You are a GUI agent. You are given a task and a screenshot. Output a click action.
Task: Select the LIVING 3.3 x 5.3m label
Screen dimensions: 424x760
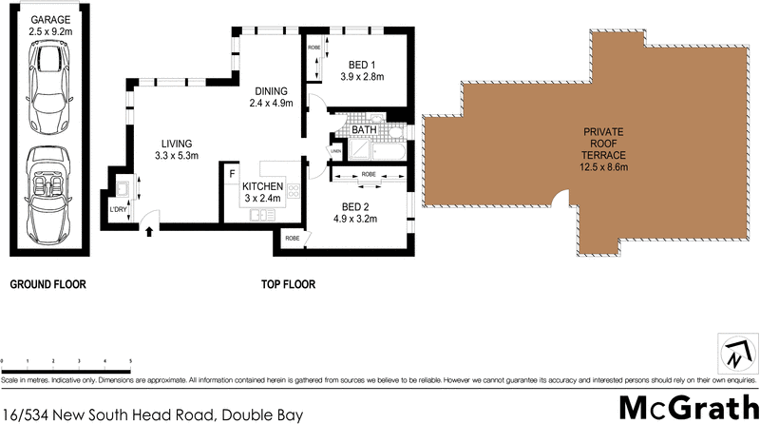pos(177,148)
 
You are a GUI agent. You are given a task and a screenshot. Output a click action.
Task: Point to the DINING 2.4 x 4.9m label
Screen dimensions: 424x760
pos(271,97)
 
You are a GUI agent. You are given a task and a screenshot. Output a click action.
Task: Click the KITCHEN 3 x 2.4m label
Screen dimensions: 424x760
pos(262,192)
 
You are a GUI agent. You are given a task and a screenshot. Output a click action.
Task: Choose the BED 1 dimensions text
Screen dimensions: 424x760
pos(361,79)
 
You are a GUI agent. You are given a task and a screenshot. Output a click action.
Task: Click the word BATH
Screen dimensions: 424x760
pos(365,130)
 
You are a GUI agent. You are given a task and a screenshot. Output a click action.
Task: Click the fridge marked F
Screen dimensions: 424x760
pos(231,174)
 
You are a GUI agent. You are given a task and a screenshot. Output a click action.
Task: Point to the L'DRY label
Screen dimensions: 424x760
pos(118,209)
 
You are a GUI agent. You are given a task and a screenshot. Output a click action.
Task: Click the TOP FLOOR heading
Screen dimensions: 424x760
pos(289,284)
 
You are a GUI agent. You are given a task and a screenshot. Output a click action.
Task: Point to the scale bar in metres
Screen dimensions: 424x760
pos(66,364)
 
